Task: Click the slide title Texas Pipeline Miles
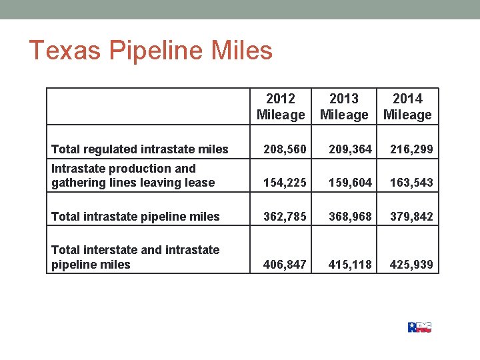(x=151, y=51)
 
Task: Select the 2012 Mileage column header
(x=281, y=107)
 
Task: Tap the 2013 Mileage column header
(x=344, y=107)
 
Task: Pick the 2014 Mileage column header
(x=407, y=107)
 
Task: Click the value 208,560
(x=285, y=150)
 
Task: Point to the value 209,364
(x=349, y=150)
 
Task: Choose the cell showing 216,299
(x=411, y=150)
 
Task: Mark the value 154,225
(x=285, y=183)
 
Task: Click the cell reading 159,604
(x=349, y=183)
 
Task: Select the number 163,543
(x=411, y=183)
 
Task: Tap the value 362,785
(x=285, y=217)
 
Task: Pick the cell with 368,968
(x=349, y=217)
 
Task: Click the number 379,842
(x=411, y=217)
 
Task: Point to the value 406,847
(x=285, y=265)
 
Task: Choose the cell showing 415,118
(x=349, y=265)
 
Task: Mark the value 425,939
(x=411, y=265)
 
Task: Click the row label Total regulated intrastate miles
(x=140, y=150)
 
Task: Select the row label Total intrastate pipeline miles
(x=135, y=217)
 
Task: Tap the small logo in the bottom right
(x=419, y=327)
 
